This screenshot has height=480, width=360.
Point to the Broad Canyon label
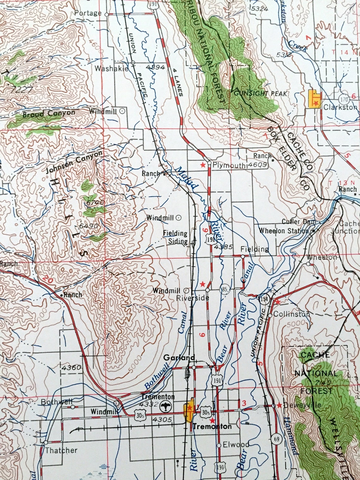pos(49,114)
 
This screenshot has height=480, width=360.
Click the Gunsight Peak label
pos(261,93)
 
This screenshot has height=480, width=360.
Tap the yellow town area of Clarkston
pos(314,98)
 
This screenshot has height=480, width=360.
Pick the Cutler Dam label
pos(299,222)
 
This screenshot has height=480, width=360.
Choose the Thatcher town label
pos(61,450)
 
